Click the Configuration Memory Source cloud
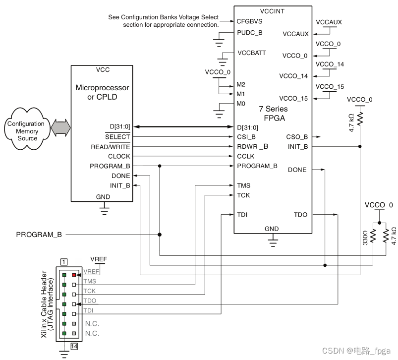27,131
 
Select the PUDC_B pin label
249,32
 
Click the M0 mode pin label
241,104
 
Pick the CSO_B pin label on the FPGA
297,136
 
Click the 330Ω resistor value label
365,237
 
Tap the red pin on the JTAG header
73,274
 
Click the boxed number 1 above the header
63,261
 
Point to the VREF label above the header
99,259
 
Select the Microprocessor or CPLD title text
102,92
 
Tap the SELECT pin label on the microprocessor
117,137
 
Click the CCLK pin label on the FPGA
246,156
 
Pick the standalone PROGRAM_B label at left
39,234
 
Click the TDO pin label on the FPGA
300,215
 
